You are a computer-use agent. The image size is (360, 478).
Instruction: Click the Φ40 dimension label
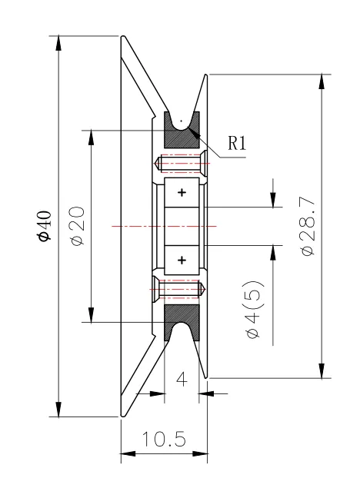click(45, 226)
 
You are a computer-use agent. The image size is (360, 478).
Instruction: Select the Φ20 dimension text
click(77, 226)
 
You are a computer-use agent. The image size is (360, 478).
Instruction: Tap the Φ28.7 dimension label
click(308, 226)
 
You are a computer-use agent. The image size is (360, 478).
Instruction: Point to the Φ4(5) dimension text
click(254, 309)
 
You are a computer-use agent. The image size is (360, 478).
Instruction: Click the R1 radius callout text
click(237, 143)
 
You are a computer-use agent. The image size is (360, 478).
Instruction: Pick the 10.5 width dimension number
click(164, 440)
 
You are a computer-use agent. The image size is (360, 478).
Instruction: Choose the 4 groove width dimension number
click(182, 380)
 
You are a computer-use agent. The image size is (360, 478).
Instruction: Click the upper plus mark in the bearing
click(182, 193)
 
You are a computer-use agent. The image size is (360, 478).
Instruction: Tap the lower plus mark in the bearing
click(182, 260)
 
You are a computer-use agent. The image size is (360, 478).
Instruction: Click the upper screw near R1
click(181, 164)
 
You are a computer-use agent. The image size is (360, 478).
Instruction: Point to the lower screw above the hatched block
click(178, 289)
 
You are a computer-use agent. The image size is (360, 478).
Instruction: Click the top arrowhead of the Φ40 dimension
click(58, 44)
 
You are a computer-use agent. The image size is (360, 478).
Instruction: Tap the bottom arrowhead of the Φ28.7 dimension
click(322, 370)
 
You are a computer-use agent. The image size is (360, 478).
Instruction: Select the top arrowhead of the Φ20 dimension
click(91, 138)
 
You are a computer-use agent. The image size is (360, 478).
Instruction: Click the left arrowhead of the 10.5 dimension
click(128, 454)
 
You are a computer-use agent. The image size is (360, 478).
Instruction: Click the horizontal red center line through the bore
click(165, 226)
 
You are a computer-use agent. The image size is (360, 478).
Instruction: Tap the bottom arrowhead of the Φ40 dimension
click(58, 409)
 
